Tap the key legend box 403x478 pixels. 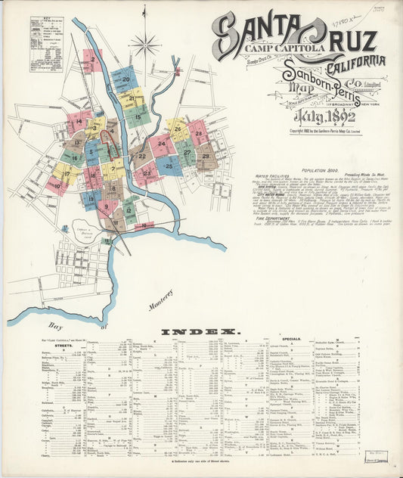click(47, 54)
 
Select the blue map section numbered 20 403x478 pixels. click(126, 79)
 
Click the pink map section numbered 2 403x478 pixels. click(91, 60)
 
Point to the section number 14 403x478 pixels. click(78, 121)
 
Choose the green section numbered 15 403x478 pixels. click(137, 116)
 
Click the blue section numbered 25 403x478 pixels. click(169, 166)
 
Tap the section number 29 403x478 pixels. click(205, 157)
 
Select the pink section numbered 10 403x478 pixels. click(55, 182)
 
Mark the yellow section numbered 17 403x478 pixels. click(67, 173)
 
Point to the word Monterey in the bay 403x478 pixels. click(160, 302)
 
